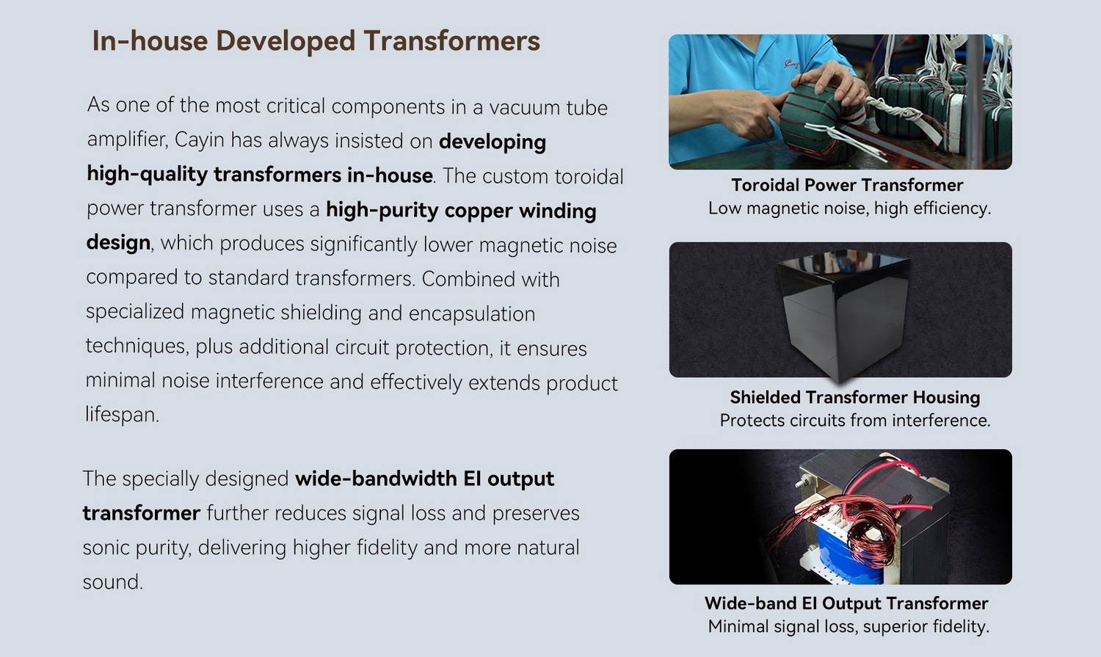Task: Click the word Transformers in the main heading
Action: pos(451,40)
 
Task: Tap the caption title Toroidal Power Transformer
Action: pos(847,185)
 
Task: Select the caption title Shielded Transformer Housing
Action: pos(855,397)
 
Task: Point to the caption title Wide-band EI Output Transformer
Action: pos(846,603)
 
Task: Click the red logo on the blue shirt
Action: pos(791,64)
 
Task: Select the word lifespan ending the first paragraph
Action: pos(121,414)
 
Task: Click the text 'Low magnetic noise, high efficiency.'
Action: pos(849,208)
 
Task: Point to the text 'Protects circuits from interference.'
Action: pos(855,421)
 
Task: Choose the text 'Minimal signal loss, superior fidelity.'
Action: pos(849,626)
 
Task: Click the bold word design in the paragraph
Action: pos(118,243)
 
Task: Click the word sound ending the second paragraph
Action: pos(112,582)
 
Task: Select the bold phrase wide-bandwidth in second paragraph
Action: pos(376,478)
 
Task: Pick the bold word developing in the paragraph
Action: pos(493,142)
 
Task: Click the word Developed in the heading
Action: pos(285,41)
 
